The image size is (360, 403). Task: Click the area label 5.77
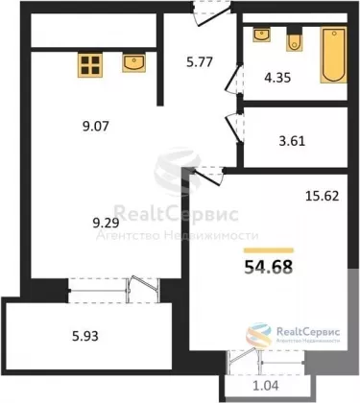pos(200,61)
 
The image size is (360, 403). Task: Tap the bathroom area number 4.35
pos(277,78)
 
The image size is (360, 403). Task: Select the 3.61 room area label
pos(292,141)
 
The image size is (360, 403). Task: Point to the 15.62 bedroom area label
pos(322,196)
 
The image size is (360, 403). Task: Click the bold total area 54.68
pos(269,267)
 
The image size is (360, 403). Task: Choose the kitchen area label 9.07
pos(96,127)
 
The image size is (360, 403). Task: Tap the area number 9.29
pos(106,223)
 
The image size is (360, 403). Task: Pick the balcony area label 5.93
pos(85,336)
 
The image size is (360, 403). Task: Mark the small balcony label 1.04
pos(266,386)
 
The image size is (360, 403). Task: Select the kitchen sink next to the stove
pos(133,62)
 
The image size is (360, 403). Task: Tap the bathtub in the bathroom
pos(334,56)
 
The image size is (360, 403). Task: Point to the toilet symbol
pos(295,39)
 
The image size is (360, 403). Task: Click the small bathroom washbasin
pos(262,35)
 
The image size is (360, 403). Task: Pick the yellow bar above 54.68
pos(269,250)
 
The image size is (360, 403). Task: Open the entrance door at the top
pos(212,12)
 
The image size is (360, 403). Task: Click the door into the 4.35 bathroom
pos(234,80)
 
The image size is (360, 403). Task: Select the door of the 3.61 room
pos(234,127)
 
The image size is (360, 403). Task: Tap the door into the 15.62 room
pos(208,176)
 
